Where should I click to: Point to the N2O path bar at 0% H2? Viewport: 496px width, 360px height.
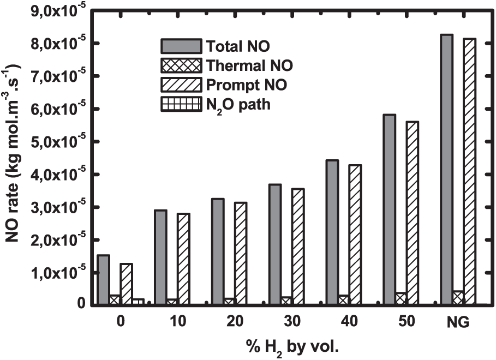pyautogui.click(x=138, y=301)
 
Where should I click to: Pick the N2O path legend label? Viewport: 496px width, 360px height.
pyautogui.click(x=239, y=105)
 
